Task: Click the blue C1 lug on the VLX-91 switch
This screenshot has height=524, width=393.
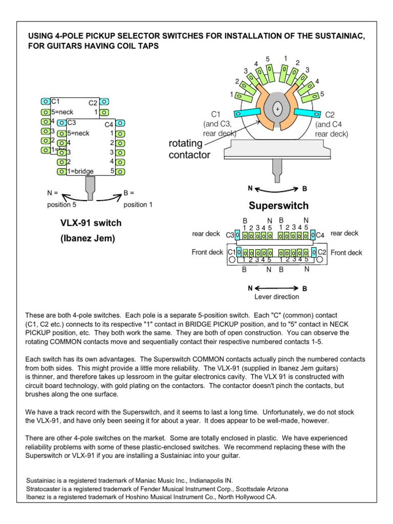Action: click(x=46, y=102)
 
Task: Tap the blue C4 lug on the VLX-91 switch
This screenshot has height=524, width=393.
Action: click(x=120, y=123)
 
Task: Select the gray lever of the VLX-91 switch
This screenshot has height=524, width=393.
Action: click(x=91, y=187)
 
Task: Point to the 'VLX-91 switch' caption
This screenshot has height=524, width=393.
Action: click(x=91, y=224)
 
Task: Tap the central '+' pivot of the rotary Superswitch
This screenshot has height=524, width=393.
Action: click(x=277, y=109)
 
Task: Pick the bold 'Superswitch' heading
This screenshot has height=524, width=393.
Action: click(x=279, y=206)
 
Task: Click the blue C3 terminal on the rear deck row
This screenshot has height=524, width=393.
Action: click(x=237, y=235)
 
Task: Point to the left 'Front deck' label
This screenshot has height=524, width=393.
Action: click(x=207, y=252)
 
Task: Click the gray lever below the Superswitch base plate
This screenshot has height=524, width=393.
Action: click(x=277, y=169)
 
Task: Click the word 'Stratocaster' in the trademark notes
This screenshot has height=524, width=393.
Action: click(x=44, y=489)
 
